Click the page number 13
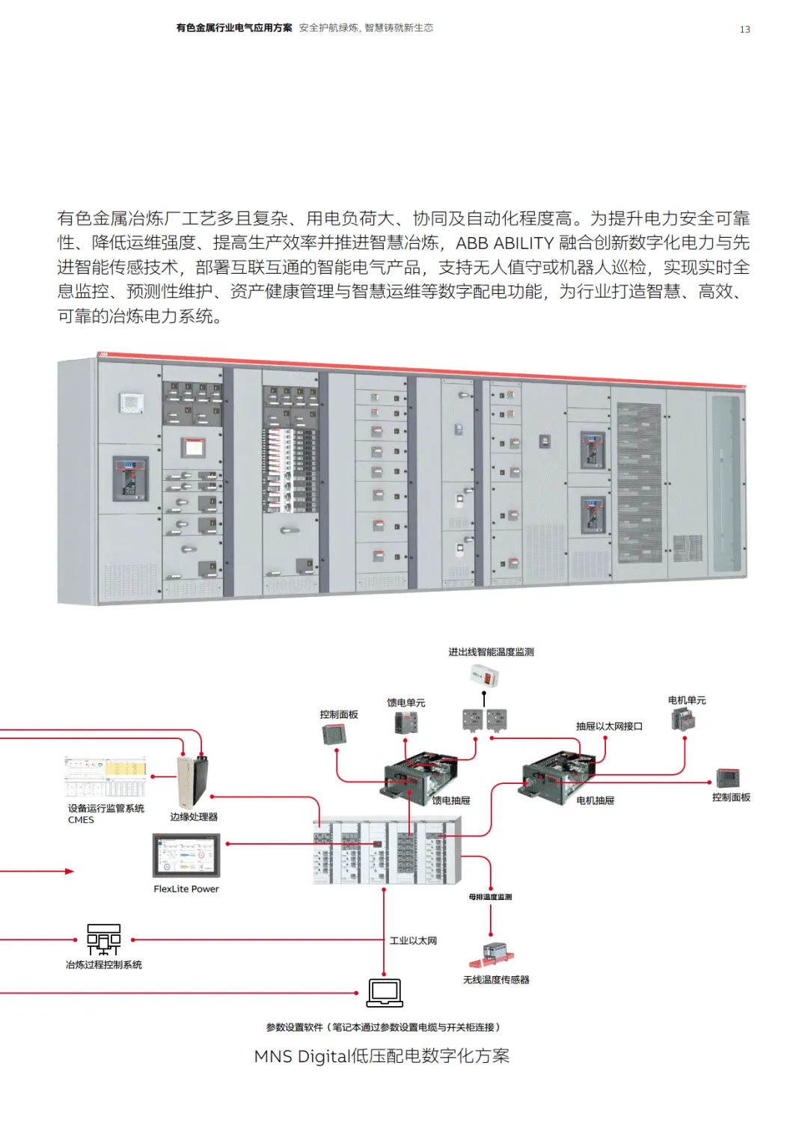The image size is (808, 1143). pos(744,29)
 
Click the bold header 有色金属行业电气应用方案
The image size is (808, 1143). pos(234,28)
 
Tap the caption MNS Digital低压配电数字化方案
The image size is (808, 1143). pos(382,1055)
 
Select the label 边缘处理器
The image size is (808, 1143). pos(194,817)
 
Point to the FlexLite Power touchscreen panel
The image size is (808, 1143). pos(186,856)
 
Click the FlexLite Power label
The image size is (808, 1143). pos(186,889)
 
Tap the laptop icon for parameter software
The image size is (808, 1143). pos(385,993)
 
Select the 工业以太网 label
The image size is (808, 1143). pos(413,941)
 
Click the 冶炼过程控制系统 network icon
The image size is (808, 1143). pos(103,939)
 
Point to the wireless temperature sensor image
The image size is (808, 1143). pos(493,954)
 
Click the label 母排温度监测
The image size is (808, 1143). pos(490,897)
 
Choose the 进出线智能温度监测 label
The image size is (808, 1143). pos(491,652)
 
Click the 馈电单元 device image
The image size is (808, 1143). pos(406,723)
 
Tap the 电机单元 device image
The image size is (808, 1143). pos(685,720)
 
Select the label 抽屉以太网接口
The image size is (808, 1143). pos(609,726)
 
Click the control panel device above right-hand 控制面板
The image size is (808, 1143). pos(728,778)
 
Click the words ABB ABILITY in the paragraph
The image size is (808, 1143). pos(504,243)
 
